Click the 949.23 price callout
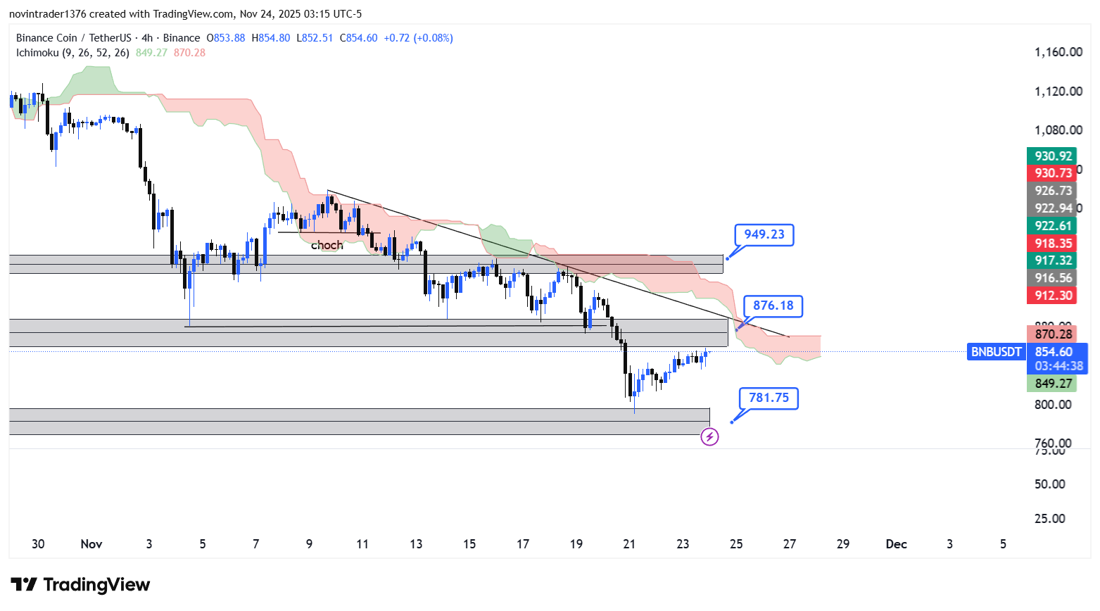pos(764,234)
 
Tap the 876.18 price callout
pos(773,305)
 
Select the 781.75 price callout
pos(769,398)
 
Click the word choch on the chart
pos(327,245)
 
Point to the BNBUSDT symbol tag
pos(996,352)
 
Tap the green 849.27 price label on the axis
pos(1053,383)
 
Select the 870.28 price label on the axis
pos(1053,334)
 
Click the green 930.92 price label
pos(1053,156)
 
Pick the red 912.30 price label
pos(1053,296)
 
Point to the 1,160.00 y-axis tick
pos(1058,52)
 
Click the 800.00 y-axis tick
pos(1053,405)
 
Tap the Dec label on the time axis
pos(896,544)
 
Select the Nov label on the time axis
pos(91,544)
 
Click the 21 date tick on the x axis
pos(629,544)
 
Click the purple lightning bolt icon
pos(709,437)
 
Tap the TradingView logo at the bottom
pos(80,585)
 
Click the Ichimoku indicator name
pos(37,53)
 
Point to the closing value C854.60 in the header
pos(358,38)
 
